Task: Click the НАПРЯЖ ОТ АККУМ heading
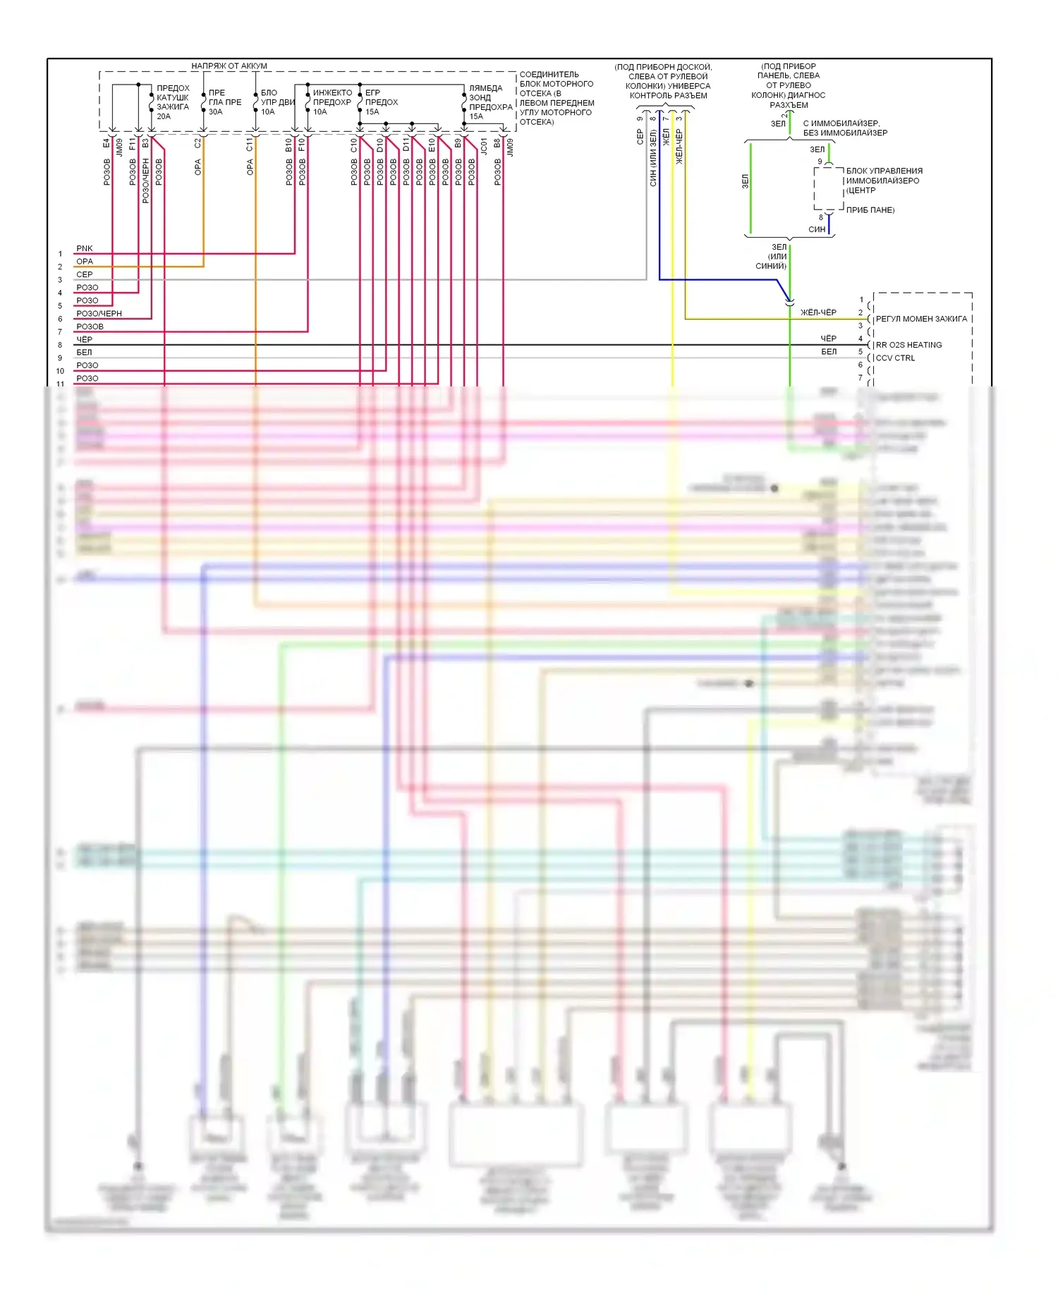coord(229,66)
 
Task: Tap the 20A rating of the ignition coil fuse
coord(164,116)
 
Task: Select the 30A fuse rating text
coord(215,111)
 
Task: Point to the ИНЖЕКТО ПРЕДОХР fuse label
coord(332,97)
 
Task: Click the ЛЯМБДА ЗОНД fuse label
coord(485,93)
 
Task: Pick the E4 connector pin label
coord(107,143)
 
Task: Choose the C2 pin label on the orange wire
coord(197,142)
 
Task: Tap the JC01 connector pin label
coord(484,146)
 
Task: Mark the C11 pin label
coord(250,145)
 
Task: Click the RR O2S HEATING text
coord(908,345)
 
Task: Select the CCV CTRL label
coord(895,358)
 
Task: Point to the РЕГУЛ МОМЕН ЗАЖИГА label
coord(921,319)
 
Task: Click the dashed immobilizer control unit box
coord(829,188)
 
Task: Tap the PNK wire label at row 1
coord(85,248)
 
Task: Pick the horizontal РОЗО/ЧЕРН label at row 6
coord(99,314)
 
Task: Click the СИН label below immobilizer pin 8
coord(817,229)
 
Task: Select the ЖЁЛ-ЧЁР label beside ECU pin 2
coord(818,312)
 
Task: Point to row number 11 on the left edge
coord(61,384)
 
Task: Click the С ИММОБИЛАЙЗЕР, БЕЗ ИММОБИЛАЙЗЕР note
coord(845,128)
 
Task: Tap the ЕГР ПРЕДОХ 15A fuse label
coord(381,102)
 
